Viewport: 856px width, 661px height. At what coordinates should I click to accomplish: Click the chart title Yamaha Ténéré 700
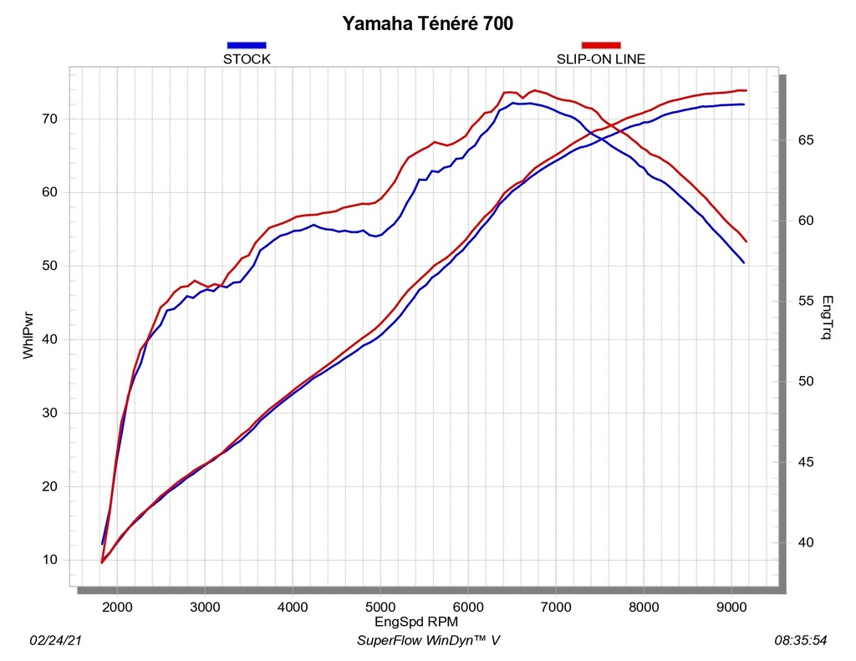tap(427, 23)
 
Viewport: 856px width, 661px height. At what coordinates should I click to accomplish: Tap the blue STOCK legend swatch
tap(247, 45)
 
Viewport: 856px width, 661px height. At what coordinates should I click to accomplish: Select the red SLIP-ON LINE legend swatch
tap(601, 45)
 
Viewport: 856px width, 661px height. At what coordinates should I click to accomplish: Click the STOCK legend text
tap(247, 59)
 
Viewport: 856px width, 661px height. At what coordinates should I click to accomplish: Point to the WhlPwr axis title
tap(28, 335)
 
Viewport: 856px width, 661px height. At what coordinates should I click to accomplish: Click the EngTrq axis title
tap(827, 317)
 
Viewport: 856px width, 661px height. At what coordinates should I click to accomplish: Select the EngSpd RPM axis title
tap(416, 622)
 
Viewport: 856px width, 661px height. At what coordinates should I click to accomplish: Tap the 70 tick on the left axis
tap(49, 119)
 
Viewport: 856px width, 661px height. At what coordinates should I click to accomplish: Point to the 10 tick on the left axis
tap(49, 560)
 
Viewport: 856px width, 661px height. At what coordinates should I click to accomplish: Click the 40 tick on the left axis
tap(49, 339)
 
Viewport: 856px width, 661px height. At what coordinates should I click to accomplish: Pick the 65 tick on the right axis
tap(806, 140)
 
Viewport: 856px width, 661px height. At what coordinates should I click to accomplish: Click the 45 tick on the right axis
tap(806, 462)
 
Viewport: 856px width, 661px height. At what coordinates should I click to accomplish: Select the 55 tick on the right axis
tap(806, 302)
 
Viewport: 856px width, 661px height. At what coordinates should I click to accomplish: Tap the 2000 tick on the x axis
tap(117, 608)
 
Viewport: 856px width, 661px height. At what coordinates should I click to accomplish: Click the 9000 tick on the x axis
tap(731, 608)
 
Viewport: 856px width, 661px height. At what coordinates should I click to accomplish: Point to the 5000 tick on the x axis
tap(380, 608)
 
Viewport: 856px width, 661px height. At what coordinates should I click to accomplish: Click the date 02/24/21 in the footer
tap(56, 640)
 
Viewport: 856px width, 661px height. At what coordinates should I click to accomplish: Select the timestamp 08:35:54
tap(801, 640)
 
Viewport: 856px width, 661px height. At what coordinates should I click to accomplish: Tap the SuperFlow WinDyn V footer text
tap(429, 640)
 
